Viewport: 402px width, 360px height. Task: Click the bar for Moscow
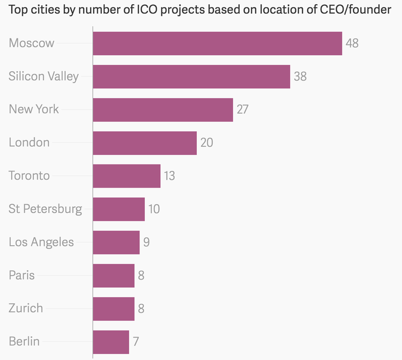click(217, 43)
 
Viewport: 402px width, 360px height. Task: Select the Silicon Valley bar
click(191, 77)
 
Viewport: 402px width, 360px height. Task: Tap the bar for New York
click(162, 110)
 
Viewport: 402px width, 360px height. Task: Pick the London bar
click(145, 143)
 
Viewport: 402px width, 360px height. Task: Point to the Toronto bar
click(126, 176)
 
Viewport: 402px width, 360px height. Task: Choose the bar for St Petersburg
click(118, 209)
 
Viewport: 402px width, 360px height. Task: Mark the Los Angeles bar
click(116, 243)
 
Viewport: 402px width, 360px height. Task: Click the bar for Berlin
click(111, 342)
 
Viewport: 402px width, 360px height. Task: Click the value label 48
click(352, 43)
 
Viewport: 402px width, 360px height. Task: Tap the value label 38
click(300, 77)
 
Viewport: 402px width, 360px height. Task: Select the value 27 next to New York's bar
click(243, 110)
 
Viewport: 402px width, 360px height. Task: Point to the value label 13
click(169, 176)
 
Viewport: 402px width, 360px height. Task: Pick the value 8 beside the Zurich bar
click(141, 309)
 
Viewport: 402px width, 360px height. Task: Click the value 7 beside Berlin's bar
click(136, 342)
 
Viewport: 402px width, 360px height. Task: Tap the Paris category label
click(21, 275)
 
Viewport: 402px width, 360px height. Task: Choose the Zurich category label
click(26, 309)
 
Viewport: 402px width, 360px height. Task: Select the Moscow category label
click(32, 43)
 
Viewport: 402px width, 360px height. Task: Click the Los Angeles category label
click(41, 242)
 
